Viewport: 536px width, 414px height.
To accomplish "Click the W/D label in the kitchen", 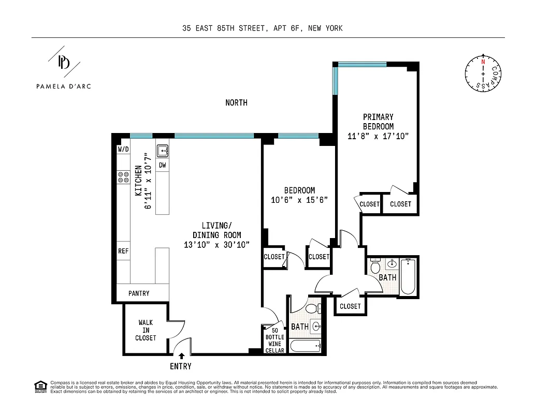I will [123, 149].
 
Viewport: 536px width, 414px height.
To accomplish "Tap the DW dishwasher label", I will [162, 166].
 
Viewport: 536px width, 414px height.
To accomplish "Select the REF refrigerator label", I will [123, 251].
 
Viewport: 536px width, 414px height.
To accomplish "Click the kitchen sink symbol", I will [163, 151].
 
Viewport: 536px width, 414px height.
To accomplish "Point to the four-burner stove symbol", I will [123, 178].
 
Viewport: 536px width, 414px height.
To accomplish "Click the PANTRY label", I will [139, 293].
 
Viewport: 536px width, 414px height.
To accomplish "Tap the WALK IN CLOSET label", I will [146, 330].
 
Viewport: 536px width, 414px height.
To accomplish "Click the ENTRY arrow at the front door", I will [181, 356].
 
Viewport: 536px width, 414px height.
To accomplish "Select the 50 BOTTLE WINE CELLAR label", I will [274, 340].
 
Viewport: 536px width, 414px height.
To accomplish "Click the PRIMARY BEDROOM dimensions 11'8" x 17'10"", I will [378, 136].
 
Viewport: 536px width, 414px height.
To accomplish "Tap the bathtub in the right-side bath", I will [408, 277].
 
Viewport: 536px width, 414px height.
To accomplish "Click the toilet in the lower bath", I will [312, 309].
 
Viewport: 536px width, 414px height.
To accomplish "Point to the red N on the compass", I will [483, 62].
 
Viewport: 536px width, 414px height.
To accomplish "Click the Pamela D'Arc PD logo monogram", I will [64, 62].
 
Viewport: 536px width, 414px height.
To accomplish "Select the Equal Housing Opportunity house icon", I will [39, 386].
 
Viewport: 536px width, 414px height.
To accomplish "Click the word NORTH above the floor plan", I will [236, 102].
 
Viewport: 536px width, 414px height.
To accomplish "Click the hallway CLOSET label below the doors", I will [350, 306].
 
